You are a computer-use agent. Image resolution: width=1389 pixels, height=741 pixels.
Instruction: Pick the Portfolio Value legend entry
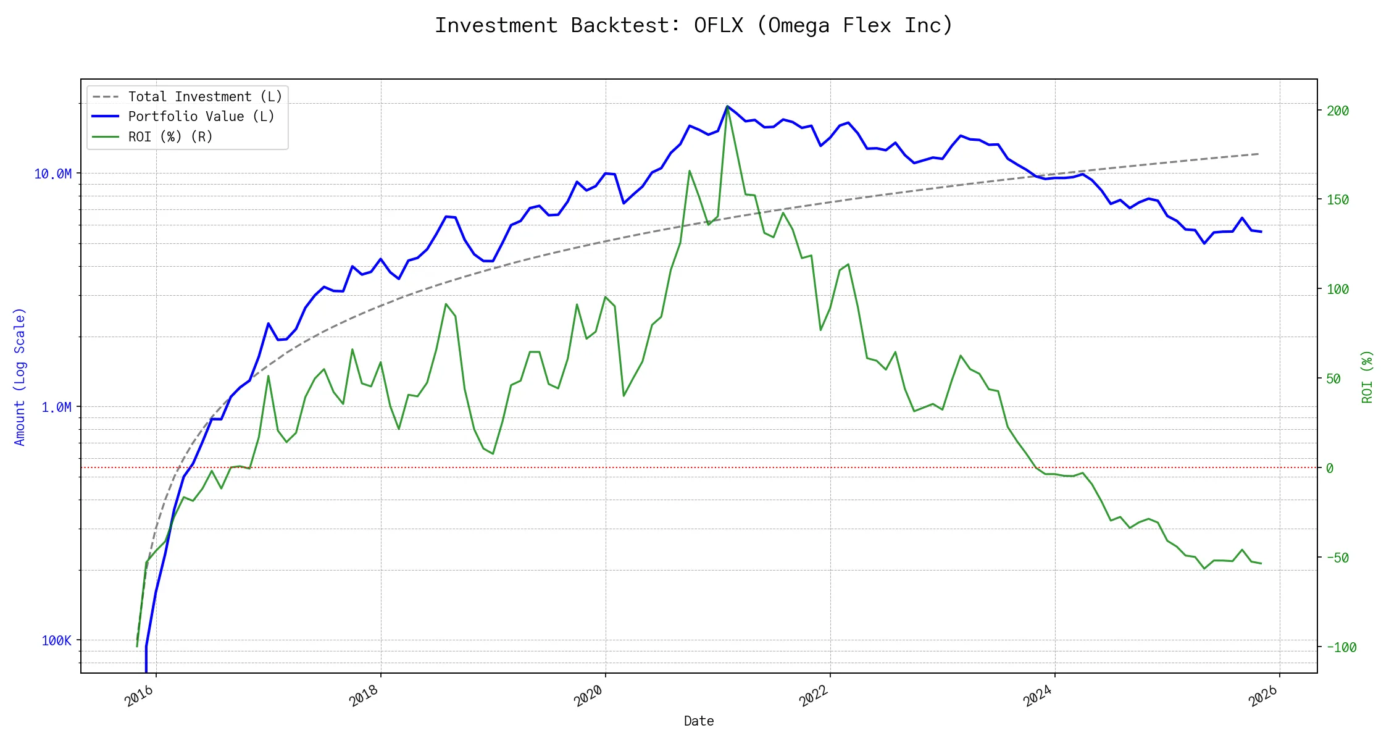[201, 117]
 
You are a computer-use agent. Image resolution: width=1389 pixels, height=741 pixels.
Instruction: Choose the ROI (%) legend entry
[170, 137]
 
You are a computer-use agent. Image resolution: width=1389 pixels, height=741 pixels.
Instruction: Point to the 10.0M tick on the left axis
[52, 174]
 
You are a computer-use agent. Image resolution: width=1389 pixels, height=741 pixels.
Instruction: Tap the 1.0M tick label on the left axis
[56, 408]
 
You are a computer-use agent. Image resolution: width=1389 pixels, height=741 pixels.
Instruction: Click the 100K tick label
[56, 641]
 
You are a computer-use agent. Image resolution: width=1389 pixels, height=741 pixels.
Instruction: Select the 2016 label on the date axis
[140, 697]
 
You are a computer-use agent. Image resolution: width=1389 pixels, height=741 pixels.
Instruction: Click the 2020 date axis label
[589, 697]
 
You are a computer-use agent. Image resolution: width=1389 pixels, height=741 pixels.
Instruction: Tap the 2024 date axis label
[1038, 697]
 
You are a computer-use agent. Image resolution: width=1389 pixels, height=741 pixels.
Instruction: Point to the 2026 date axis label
[1263, 697]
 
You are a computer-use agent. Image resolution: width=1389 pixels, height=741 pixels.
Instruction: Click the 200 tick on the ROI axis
[1338, 111]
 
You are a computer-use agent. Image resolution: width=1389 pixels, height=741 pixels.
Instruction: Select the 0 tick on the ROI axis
[1330, 469]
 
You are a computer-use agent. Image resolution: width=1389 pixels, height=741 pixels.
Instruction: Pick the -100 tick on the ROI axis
[1340, 648]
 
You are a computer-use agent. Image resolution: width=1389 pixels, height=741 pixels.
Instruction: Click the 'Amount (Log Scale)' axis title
[20, 377]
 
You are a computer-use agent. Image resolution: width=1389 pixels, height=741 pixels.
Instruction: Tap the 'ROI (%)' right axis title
[1367, 377]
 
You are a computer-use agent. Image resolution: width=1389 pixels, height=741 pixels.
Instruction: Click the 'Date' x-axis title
[699, 721]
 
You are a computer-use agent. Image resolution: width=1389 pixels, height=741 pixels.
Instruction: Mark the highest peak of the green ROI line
[727, 107]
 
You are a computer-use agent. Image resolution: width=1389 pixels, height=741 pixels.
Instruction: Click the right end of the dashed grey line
[1259, 154]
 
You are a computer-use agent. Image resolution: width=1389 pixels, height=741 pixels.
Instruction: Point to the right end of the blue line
[1261, 232]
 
